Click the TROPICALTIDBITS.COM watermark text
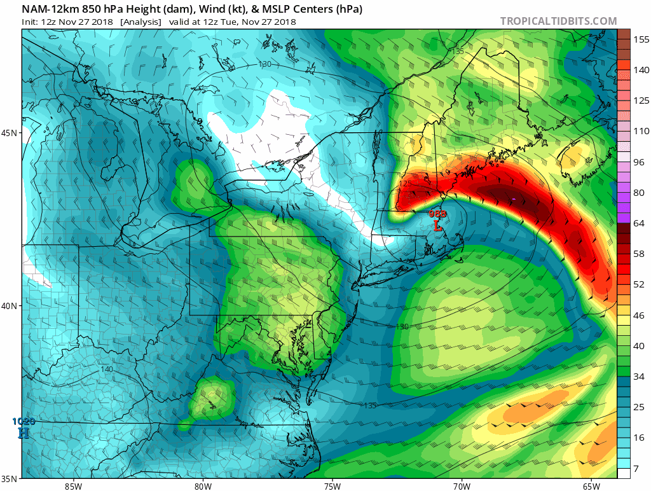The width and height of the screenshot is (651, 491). pos(558,21)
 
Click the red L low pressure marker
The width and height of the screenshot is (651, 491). pos(437,225)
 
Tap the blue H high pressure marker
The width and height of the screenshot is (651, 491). pos(24,432)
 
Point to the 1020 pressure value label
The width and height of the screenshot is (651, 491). pos(24,421)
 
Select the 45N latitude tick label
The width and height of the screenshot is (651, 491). pos(10,133)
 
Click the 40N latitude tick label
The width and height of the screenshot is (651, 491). pos(10,306)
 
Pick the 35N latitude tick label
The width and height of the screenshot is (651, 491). pos(10,478)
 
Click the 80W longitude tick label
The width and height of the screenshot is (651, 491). pos(203,486)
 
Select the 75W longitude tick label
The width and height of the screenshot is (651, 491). pos(332,486)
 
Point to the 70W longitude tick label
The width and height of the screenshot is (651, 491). pos(462,486)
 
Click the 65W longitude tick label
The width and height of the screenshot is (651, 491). pos(591,486)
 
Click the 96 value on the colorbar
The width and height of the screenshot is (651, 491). pos(638,162)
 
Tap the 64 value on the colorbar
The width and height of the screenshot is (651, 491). pos(638,223)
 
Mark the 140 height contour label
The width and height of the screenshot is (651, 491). pos(106,370)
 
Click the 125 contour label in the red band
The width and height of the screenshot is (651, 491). pos(406,184)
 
